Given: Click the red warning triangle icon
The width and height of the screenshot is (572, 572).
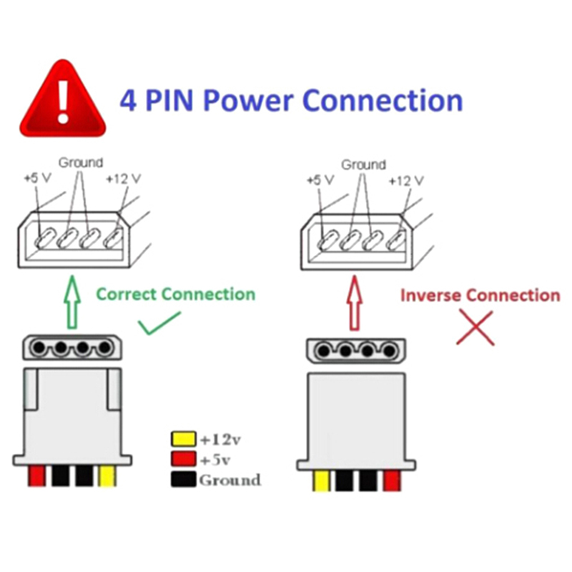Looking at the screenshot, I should coord(64,102).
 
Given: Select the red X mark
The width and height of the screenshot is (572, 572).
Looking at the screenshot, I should coord(475,328).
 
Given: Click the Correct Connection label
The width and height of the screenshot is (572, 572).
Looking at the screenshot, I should coord(175,294).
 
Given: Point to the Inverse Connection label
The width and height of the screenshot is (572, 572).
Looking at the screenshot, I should coord(480,295).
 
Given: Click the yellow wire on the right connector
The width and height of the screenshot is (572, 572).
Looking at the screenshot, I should coord(321,480).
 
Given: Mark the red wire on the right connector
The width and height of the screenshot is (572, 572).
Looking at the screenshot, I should coord(391,480).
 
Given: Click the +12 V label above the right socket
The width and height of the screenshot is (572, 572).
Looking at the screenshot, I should coord(405,182).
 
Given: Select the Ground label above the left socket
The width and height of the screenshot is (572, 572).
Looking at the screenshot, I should coord(80,163).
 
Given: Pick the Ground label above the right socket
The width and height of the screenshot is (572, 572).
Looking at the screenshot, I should coord(363,164).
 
